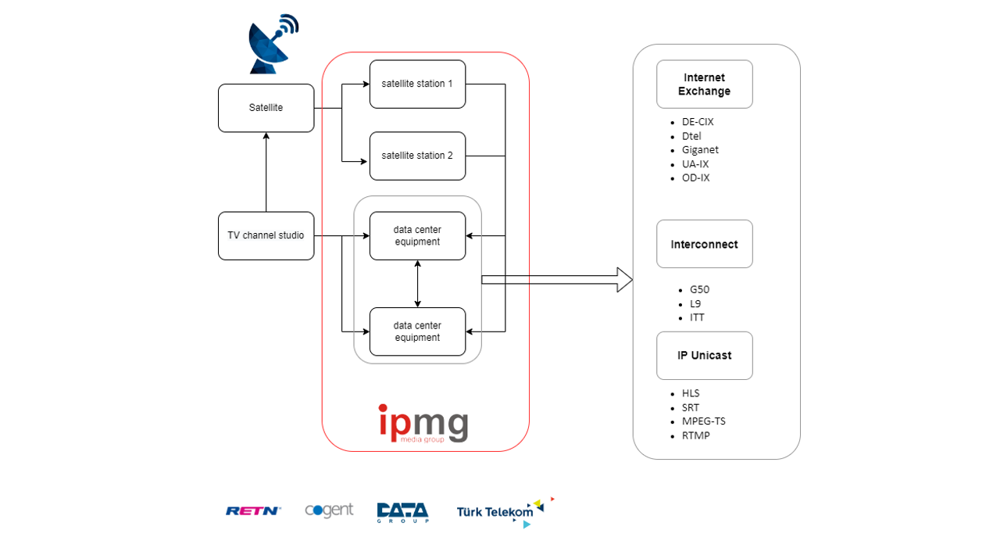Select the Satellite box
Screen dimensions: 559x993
click(x=266, y=108)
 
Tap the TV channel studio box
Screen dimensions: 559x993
click(x=266, y=235)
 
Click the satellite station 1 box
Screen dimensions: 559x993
click(x=417, y=84)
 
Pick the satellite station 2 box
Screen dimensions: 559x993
click(x=417, y=156)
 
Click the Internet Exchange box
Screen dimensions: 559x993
click(x=704, y=84)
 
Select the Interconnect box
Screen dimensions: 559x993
click(x=704, y=244)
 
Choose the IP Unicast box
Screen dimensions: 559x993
click(x=704, y=356)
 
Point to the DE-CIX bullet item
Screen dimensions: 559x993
click(x=698, y=122)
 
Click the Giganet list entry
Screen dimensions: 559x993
click(x=700, y=150)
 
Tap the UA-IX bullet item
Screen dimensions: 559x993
click(x=695, y=164)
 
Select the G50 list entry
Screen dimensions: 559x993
click(x=699, y=289)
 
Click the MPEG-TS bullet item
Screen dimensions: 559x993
click(x=703, y=421)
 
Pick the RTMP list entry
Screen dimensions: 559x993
click(x=695, y=435)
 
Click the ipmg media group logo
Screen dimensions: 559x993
click(x=423, y=425)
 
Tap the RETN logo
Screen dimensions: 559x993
click(x=253, y=511)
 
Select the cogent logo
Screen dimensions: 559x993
click(x=329, y=511)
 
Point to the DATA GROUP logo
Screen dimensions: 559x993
click(x=402, y=511)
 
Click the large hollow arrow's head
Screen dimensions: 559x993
click(x=624, y=280)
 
